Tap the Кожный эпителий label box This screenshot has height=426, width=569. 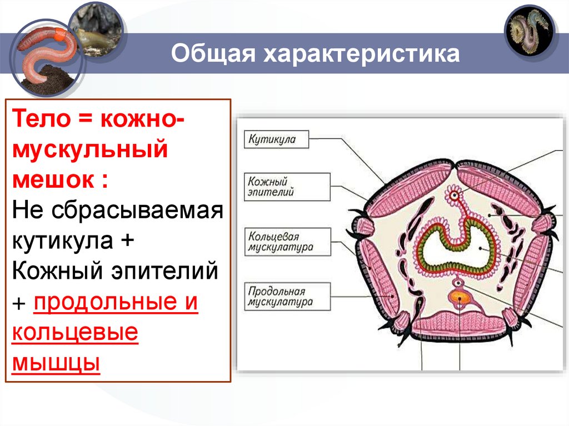tap(287, 187)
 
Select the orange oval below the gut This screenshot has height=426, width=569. tap(460, 297)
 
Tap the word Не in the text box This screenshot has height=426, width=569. tap(26, 210)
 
